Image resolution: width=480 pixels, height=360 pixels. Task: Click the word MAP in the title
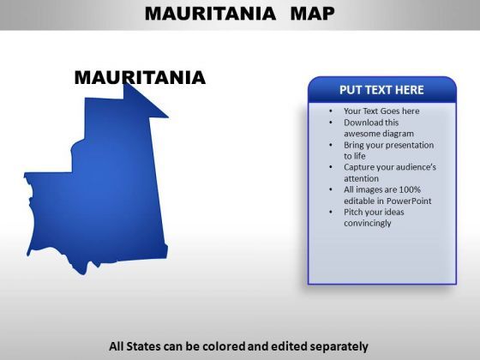coord(312,14)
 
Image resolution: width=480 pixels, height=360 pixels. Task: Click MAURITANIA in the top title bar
coord(210,14)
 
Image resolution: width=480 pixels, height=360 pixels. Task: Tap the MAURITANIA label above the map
coord(140,77)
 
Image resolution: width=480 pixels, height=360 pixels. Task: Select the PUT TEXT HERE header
coord(381,90)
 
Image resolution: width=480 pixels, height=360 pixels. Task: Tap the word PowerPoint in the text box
coord(409,201)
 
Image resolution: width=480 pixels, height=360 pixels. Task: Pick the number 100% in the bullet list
coord(410,189)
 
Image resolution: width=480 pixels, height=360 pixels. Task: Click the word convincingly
coord(368,223)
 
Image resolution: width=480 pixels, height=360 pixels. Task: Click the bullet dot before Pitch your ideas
coord(331,212)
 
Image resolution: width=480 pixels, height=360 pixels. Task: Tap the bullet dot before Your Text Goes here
coord(331,111)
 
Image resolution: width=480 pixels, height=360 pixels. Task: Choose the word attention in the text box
coord(361,178)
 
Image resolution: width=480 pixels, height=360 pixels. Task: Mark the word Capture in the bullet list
coord(357,167)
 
